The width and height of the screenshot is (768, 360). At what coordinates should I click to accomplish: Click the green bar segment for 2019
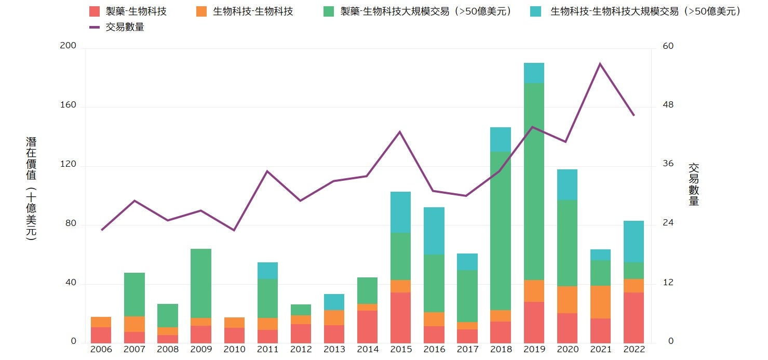[x=534, y=181]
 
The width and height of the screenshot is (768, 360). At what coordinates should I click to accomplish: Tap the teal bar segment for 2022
[x=634, y=242]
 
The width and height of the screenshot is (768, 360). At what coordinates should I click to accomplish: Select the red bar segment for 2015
[x=400, y=317]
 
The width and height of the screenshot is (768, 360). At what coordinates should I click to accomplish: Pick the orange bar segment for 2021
[x=600, y=302]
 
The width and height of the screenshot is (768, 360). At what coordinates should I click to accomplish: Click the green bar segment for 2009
[x=201, y=283]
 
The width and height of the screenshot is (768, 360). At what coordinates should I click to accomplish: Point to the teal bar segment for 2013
[x=334, y=302]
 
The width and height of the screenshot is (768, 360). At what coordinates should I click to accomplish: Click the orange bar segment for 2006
[x=101, y=322]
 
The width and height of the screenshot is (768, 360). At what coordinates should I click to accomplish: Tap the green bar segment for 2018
[x=501, y=231]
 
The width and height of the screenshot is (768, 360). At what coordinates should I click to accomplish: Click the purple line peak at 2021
[x=600, y=64]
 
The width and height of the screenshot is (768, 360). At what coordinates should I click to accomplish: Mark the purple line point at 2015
[x=400, y=132]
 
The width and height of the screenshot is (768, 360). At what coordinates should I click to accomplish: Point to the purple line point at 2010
[x=234, y=230]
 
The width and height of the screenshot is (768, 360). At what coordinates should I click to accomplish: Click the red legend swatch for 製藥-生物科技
[x=94, y=11]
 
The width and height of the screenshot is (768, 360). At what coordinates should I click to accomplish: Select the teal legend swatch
[x=536, y=11]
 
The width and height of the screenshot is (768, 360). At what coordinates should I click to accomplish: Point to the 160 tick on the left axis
[x=69, y=105]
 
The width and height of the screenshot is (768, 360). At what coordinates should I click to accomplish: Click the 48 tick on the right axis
[x=668, y=105]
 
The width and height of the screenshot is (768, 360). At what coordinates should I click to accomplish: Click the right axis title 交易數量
[x=694, y=185]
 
